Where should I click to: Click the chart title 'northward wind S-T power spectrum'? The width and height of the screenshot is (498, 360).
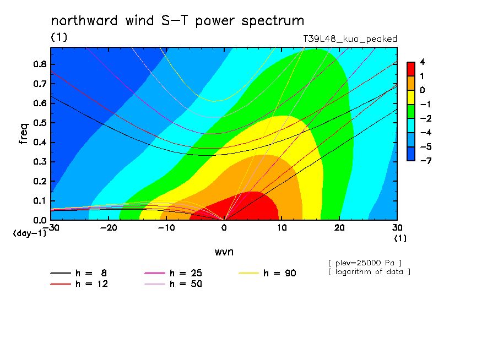click(x=177, y=21)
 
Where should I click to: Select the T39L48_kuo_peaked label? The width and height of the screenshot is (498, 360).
click(x=350, y=39)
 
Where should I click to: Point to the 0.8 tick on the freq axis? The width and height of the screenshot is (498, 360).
click(x=40, y=64)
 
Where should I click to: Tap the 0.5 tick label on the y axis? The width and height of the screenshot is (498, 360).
click(x=40, y=123)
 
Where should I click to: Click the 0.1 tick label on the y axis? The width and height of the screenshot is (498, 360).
click(x=40, y=201)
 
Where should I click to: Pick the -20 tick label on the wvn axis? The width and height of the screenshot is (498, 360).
click(x=109, y=228)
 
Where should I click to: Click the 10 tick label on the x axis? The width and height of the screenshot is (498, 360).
click(x=282, y=228)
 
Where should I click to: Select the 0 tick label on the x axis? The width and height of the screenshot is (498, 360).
click(x=224, y=228)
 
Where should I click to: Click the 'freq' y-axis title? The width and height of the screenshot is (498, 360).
click(x=24, y=134)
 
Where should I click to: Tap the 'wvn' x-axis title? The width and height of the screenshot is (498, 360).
click(x=224, y=252)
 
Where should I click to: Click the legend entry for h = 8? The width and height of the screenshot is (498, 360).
click(x=79, y=273)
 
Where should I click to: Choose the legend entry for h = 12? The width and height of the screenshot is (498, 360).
click(x=79, y=284)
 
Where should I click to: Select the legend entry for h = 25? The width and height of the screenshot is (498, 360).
click(x=173, y=273)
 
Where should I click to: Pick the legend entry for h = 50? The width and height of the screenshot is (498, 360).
click(x=173, y=284)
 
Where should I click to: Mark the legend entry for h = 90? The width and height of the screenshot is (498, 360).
click(x=267, y=273)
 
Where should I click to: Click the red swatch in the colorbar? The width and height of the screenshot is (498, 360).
click(x=411, y=69)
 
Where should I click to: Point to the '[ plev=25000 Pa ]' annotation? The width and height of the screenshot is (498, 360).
click(x=365, y=263)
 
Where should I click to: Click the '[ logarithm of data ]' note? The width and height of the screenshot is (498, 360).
click(x=370, y=272)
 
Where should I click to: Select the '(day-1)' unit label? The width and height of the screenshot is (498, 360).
click(x=30, y=233)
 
